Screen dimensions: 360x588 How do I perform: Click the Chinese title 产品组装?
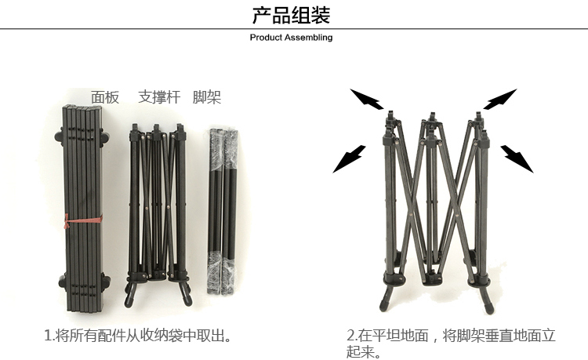coord(292,15)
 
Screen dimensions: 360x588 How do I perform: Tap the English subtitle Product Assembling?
coord(291,38)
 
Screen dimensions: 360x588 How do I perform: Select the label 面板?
coord(105,97)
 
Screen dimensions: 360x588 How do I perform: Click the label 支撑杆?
coord(159,97)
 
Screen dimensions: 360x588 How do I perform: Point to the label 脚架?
coord(207,97)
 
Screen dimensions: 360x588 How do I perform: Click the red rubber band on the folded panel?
coord(82,223)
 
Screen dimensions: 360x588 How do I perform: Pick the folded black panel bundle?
coord(82,196)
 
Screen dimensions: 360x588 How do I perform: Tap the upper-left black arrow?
coord(367,100)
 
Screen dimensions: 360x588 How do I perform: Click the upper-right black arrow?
coord(499,100)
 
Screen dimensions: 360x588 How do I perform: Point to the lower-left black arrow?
coord(349,158)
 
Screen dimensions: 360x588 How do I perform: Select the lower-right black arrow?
coord(517,158)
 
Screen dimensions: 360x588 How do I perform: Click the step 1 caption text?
coord(140,336)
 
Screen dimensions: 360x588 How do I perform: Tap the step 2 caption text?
coord(451,343)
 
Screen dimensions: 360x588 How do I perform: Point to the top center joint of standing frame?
coord(430,124)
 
